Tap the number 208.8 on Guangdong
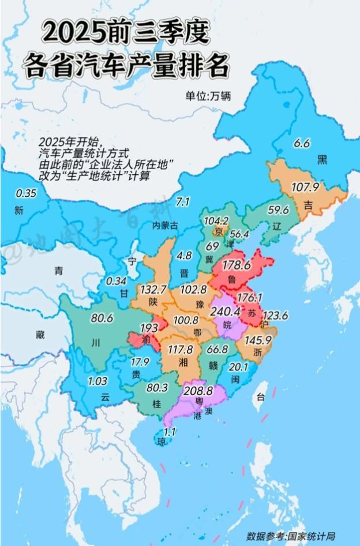[199, 391]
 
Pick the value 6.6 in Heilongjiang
[302, 143]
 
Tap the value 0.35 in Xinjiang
[26, 193]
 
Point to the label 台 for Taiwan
[261, 397]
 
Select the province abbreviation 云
[104, 397]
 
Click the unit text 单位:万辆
[208, 96]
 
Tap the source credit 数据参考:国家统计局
[291, 536]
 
